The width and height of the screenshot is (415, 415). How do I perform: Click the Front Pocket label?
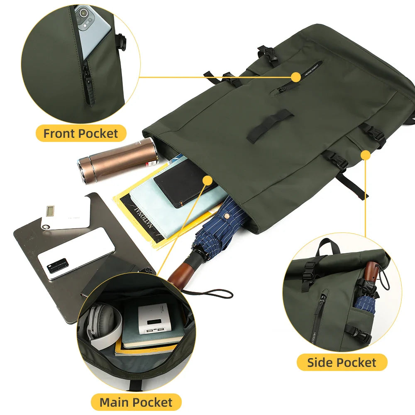81,134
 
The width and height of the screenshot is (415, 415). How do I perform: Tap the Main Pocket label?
136,402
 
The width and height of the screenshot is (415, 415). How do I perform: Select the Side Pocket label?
342,362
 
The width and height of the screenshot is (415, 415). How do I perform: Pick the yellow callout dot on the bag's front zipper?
295,77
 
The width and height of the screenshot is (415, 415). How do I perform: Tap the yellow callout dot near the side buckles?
365,155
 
